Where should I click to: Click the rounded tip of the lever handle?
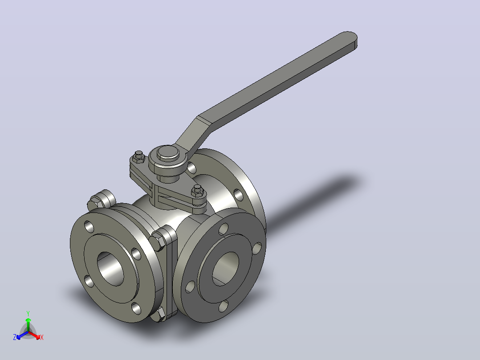point(349,39)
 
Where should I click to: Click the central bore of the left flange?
point(110,269)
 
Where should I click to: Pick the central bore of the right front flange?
point(226,269)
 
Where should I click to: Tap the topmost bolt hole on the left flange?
point(89,227)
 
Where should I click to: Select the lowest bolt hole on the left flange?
point(137,308)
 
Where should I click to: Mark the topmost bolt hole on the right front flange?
point(224,229)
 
